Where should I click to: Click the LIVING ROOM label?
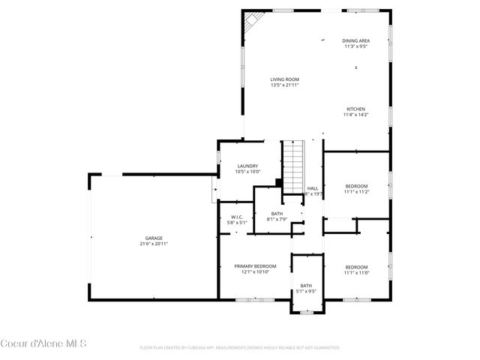point(285,79)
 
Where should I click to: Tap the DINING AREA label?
point(355,40)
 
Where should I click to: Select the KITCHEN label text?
point(355,109)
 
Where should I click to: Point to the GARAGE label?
point(153,238)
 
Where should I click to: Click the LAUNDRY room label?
point(247,166)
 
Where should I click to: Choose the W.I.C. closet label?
point(237,217)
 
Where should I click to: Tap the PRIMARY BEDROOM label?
point(255,266)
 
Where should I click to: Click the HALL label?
point(313,188)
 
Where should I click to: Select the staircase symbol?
point(292,166)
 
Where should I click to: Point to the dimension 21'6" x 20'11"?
point(153,244)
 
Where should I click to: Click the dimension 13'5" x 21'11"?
point(285,85)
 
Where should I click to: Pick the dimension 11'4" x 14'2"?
point(355,115)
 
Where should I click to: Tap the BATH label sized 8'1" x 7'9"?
point(277,214)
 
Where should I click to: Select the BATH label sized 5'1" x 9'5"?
point(306,285)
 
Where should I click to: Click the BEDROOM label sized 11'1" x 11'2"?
point(356,186)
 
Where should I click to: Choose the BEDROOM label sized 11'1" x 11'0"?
point(356,267)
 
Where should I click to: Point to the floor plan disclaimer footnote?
point(240,348)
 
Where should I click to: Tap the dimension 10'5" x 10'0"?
point(247,172)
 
